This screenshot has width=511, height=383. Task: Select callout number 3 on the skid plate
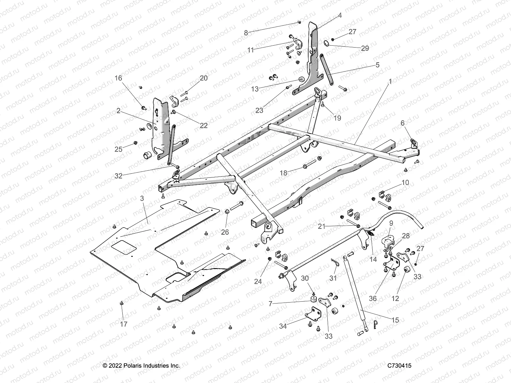click(x=142, y=198)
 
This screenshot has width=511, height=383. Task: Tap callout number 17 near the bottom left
click(x=124, y=324)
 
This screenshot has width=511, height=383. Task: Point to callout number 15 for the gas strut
click(x=395, y=320)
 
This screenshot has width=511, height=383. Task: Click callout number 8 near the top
click(x=246, y=33)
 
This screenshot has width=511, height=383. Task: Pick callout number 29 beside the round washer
click(x=365, y=48)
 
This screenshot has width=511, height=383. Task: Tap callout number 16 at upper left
click(x=118, y=78)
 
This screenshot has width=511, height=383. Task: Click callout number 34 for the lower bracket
click(x=283, y=326)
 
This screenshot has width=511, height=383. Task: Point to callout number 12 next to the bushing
click(x=395, y=298)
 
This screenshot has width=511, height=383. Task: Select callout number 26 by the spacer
click(x=225, y=232)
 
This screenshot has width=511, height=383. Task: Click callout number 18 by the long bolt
click(x=284, y=173)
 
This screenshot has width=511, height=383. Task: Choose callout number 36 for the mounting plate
click(x=373, y=298)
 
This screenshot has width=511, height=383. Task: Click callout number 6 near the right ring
click(x=402, y=123)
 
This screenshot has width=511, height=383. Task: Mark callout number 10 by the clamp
click(x=405, y=183)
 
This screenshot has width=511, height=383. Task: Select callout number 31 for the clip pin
click(x=333, y=278)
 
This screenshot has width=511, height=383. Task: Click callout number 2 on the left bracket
click(x=118, y=111)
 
